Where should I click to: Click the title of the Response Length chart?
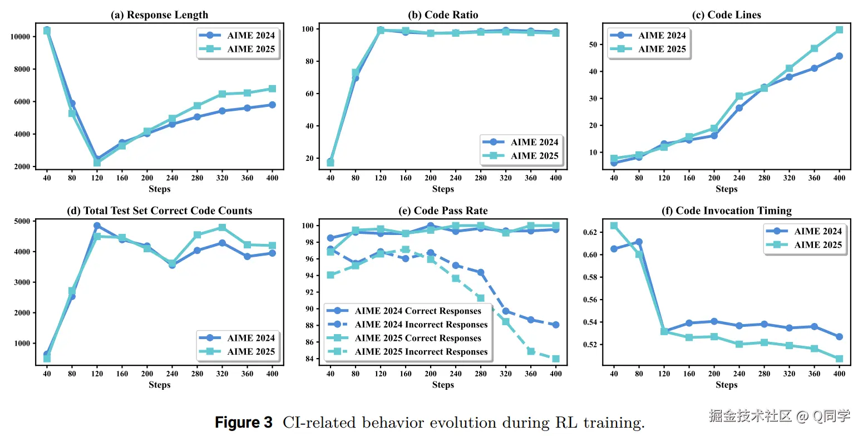tap(160, 15)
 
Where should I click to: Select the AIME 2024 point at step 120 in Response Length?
tap(97, 159)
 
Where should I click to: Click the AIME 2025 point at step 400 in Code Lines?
tap(839, 30)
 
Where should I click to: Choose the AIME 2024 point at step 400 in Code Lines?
tap(839, 56)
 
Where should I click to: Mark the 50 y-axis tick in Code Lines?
tap(593, 45)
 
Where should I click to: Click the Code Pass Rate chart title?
tap(443, 211)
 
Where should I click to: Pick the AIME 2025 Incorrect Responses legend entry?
tap(421, 352)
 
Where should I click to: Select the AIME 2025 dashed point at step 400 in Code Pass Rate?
tap(555, 359)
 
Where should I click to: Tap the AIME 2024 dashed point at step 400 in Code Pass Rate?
tap(555, 325)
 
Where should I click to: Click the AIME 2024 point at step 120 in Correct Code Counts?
tap(97, 226)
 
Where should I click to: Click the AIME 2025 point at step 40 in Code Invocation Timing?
tap(614, 226)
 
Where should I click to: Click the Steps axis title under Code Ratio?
tap(443, 189)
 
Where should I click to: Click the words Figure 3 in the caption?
tap(244, 422)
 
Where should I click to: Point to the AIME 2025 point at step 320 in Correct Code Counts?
tap(222, 228)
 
